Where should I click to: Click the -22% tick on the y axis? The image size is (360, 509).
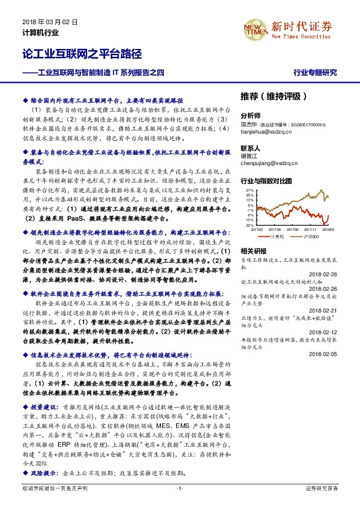tap(248, 225)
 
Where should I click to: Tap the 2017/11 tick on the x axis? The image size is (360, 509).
tap(310, 230)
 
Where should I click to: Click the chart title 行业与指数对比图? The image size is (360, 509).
tap(266, 181)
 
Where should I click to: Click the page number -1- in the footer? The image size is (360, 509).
tap(180, 488)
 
